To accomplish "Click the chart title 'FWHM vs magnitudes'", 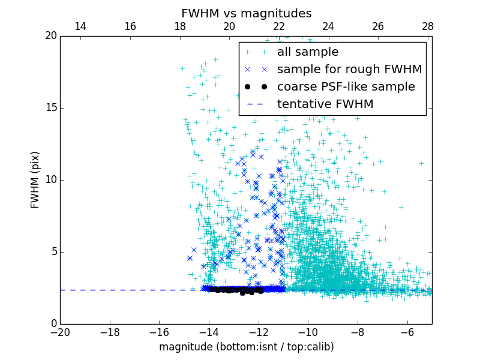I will point(247,13).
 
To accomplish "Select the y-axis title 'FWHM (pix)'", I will point(35,180).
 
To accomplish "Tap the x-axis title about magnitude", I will point(247,347).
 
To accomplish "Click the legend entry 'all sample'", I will point(308,52).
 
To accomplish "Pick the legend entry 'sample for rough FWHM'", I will point(350,69).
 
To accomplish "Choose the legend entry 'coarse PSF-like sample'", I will point(346,86).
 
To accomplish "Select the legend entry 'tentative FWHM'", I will point(325,104).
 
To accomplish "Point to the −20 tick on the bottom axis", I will point(60,332).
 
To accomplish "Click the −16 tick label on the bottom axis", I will point(159,332).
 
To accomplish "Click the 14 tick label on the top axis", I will point(80,26).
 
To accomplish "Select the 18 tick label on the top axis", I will point(179,26).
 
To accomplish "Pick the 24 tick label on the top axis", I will point(328,26).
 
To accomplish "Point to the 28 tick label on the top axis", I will point(427,26).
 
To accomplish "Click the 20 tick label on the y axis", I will point(50,36).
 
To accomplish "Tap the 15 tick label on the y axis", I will point(50,108).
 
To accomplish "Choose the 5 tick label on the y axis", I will point(53,251).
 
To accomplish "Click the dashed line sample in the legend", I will point(257,104).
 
